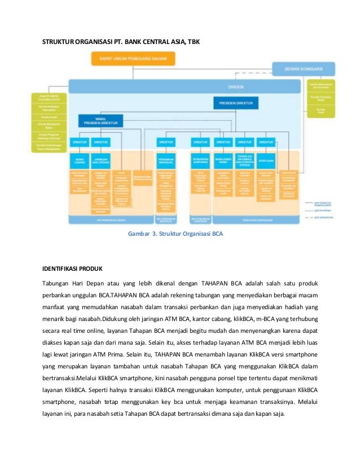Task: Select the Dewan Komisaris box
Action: [304, 68]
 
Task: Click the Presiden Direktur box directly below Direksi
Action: [235, 103]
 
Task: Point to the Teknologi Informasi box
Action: [244, 159]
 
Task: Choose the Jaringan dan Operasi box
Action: [100, 159]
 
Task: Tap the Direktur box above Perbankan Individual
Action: [165, 142]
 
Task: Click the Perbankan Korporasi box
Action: [200, 159]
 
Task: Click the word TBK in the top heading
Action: [192, 42]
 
